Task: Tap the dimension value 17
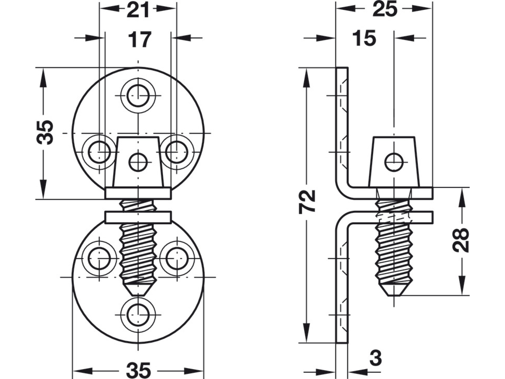140,40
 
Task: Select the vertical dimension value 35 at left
45,133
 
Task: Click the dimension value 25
385,9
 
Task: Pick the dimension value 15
364,38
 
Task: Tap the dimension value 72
307,202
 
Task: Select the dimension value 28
461,240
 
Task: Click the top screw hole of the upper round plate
138,95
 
